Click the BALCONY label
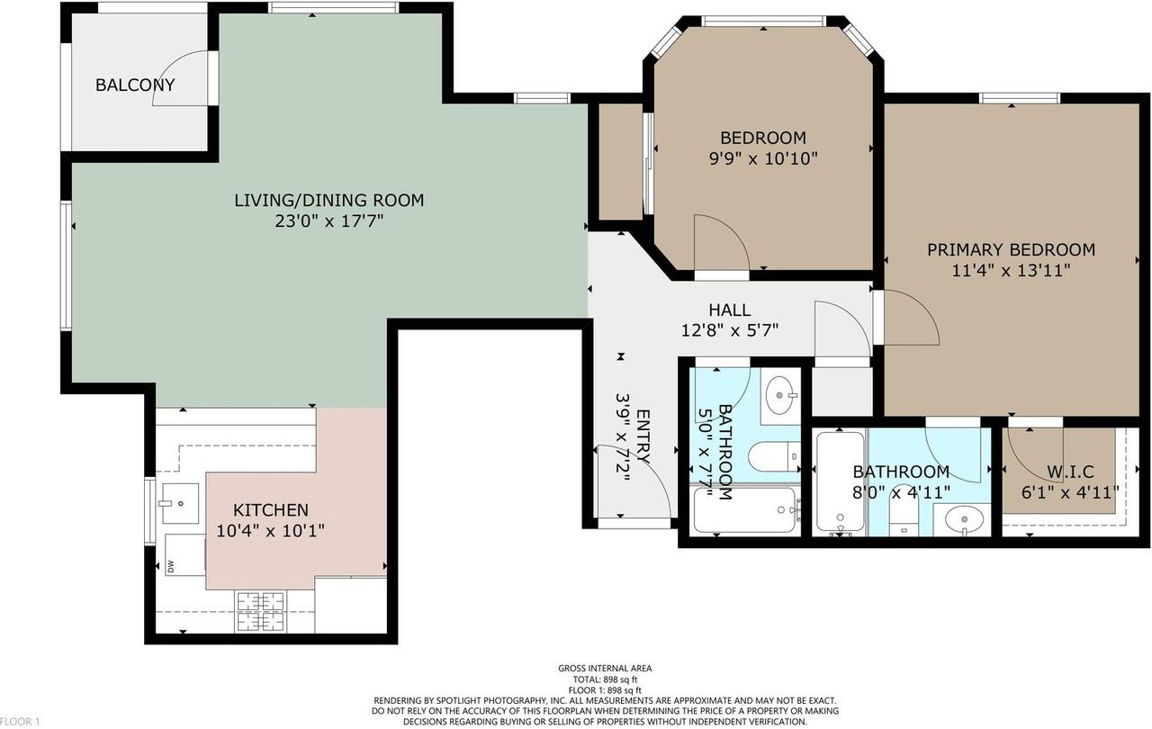pos(135,85)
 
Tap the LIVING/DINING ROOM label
pos(329,200)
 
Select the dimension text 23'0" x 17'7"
pos(329,221)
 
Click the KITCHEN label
pos(271,510)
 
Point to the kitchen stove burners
pos(261,612)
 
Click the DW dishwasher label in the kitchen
pos(171,567)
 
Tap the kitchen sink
pos(181,503)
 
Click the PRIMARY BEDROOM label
pos(1011,250)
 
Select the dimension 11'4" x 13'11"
pos(1011,270)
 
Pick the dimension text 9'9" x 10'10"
pos(763,158)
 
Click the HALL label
pos(729,310)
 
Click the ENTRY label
pos(643,437)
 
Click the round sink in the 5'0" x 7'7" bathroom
pos(780,395)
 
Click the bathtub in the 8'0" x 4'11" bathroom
pos(841,482)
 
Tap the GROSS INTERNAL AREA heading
pos(605,669)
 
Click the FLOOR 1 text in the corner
pos(20,721)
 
